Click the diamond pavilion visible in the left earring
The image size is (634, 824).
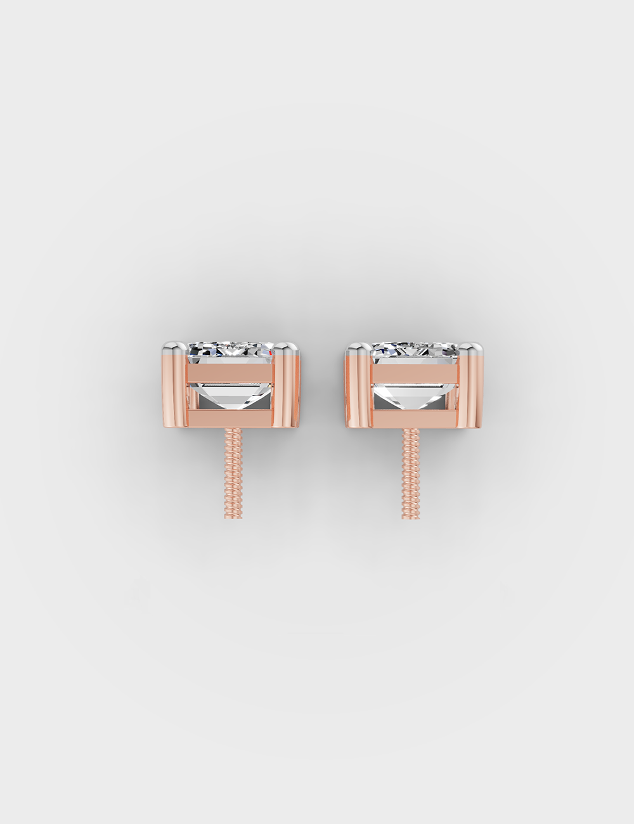[233, 397]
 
